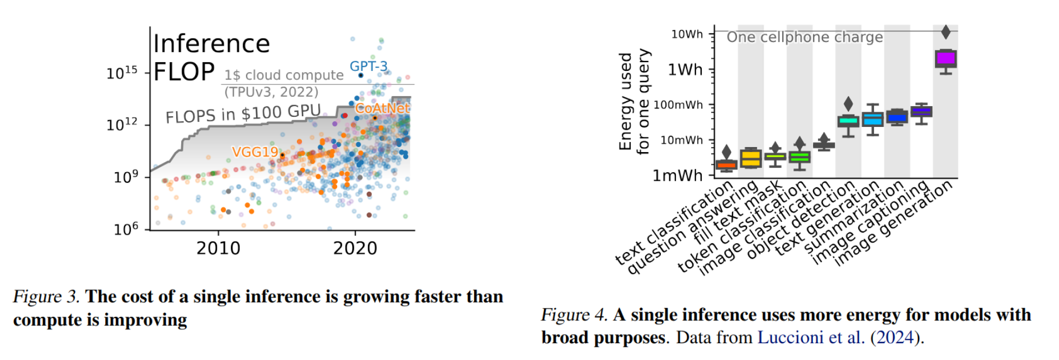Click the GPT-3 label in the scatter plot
coord(368,67)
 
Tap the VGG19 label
coord(254,152)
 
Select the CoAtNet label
coord(382,108)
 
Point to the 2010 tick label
coord(218,248)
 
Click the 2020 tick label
coord(355,248)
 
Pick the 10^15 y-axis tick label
coord(122,73)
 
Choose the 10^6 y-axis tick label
coord(126,229)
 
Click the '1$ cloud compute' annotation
coord(284,75)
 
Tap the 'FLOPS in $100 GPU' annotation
coord(243,114)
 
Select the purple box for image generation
coord(945,59)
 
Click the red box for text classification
coord(726,164)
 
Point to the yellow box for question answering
coord(750,159)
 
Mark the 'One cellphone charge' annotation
coord(805,37)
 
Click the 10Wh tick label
coord(687,34)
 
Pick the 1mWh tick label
coord(678,176)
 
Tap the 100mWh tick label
coord(678,105)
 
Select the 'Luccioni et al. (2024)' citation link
coord(839,338)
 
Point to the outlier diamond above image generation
coord(945,32)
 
